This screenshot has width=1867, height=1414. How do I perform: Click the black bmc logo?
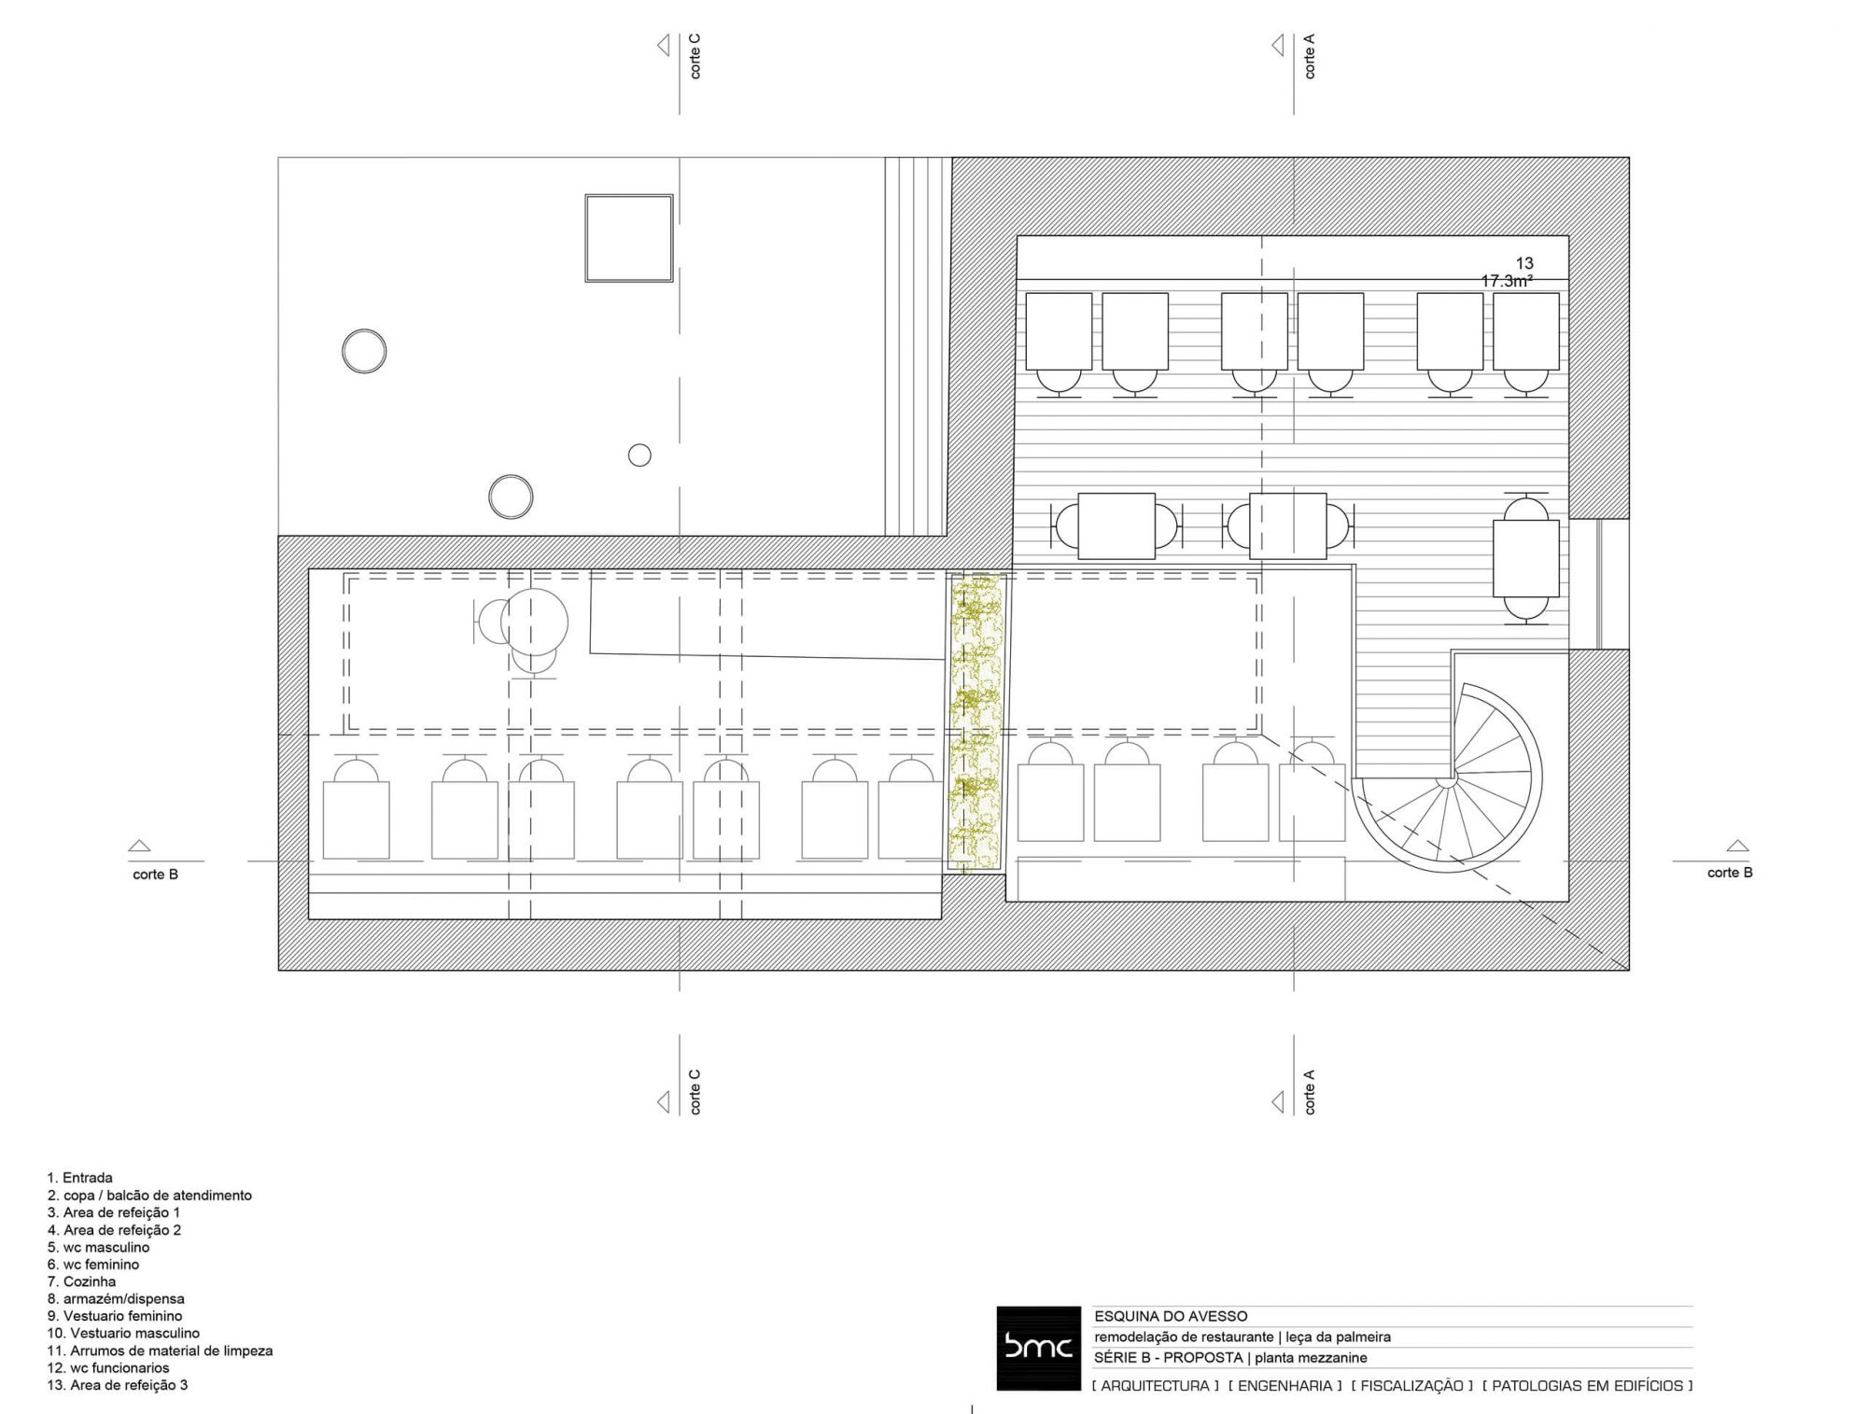click(x=1038, y=1348)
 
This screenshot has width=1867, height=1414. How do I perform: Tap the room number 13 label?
click(x=1524, y=264)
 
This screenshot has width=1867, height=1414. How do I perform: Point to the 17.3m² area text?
click(x=1507, y=281)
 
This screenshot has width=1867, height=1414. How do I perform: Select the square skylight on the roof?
click(x=629, y=238)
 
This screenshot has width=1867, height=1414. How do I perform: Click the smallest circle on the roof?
click(x=639, y=455)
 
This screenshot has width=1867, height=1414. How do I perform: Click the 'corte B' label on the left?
click(x=155, y=875)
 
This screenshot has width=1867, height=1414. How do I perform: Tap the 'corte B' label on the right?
click(x=1730, y=873)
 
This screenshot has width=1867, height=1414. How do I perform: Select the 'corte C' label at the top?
click(x=695, y=56)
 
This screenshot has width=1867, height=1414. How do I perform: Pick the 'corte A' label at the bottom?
click(x=1309, y=1092)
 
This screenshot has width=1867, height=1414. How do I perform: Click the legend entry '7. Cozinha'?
click(x=82, y=1281)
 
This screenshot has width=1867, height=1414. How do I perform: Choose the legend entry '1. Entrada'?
click(x=80, y=1178)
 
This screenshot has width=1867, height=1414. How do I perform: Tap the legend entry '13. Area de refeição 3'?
click(x=118, y=1385)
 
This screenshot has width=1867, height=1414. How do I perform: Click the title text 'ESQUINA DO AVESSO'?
click(x=1171, y=1316)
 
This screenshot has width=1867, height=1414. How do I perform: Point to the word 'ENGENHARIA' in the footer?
click(x=1284, y=1386)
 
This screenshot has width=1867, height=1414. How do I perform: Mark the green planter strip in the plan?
click(x=976, y=722)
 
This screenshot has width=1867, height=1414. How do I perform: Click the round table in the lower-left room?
click(x=534, y=622)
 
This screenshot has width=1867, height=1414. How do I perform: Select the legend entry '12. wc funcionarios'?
click(x=108, y=1368)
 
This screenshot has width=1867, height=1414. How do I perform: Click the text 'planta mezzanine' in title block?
click(x=1311, y=1358)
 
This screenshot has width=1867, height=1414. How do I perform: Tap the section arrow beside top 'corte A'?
click(x=1279, y=45)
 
